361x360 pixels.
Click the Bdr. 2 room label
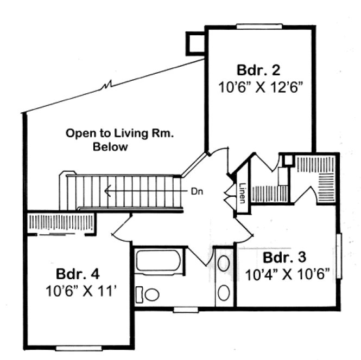click(x=258, y=70)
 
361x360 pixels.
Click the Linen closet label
click(x=242, y=191)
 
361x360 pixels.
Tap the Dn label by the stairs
click(x=197, y=191)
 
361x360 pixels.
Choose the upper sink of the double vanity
click(x=223, y=264)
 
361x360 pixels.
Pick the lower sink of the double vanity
click(x=223, y=292)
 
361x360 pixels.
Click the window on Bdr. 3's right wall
click(x=339, y=256)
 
